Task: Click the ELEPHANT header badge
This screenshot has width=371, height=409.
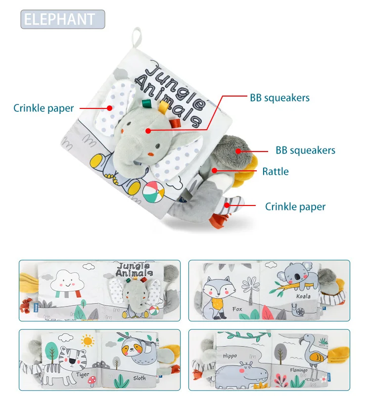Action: tap(63, 19)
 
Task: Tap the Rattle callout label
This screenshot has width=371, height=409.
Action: tap(276, 172)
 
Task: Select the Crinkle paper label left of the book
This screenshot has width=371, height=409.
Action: tap(44, 108)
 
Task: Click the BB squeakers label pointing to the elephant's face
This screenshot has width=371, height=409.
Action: tap(279, 98)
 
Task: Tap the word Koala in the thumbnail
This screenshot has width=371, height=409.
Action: tap(303, 296)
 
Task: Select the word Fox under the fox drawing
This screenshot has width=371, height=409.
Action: tap(238, 309)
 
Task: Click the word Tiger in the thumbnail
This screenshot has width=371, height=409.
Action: tap(83, 375)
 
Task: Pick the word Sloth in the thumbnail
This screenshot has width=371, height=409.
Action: tap(140, 378)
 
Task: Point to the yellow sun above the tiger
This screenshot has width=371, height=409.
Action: tap(88, 341)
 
